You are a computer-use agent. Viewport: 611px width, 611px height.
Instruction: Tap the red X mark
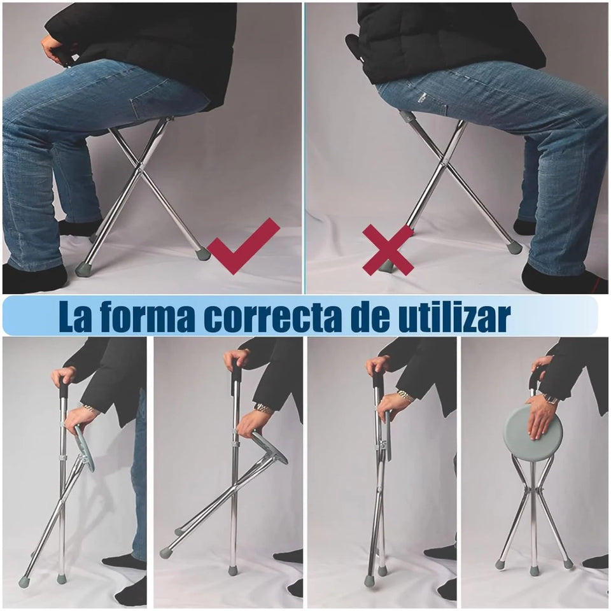click(x=388, y=249)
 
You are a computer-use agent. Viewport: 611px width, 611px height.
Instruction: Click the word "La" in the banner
click(x=76, y=316)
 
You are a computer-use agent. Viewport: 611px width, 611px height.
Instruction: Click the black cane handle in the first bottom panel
click(x=64, y=388)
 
